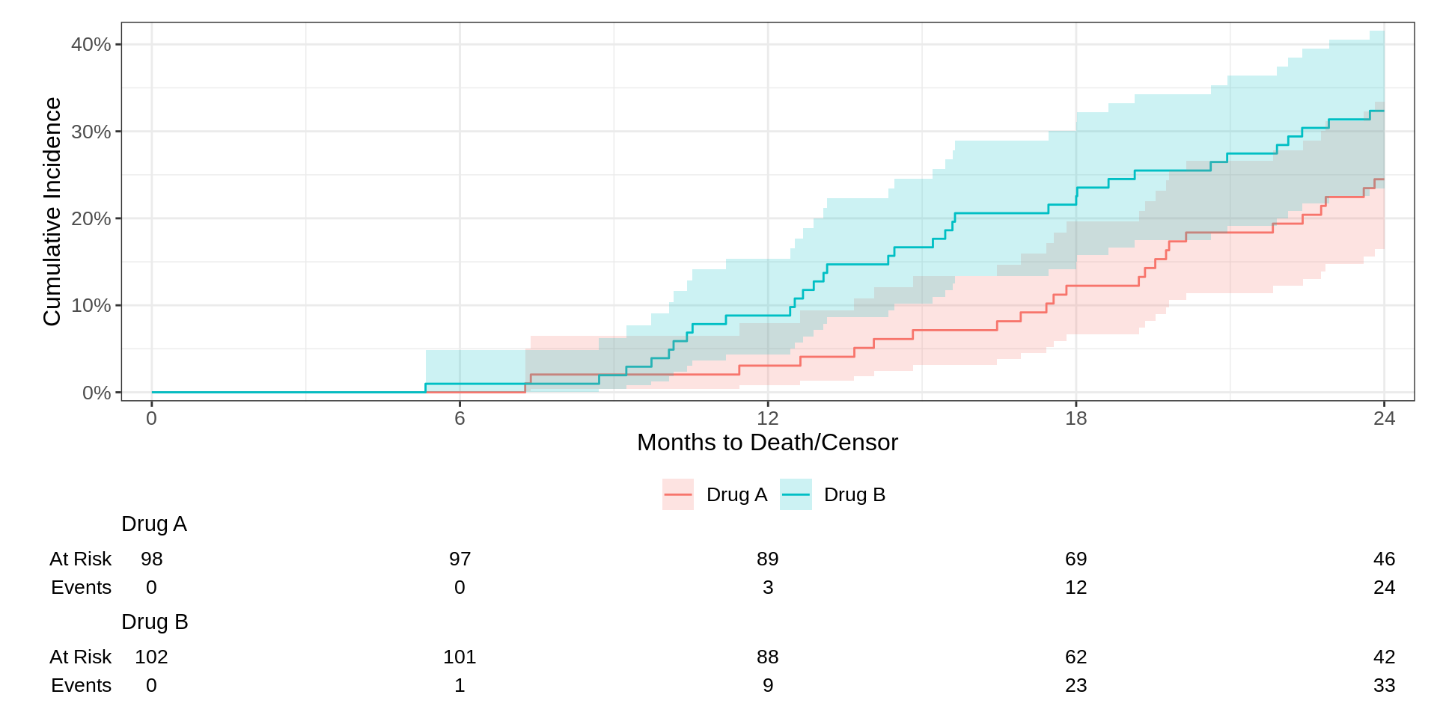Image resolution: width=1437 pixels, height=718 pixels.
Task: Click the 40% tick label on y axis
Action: pyautogui.click(x=91, y=44)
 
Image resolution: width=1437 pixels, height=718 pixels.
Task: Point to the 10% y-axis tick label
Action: pyautogui.click(x=91, y=305)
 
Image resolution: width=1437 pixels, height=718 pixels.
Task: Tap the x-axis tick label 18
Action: pyautogui.click(x=1076, y=418)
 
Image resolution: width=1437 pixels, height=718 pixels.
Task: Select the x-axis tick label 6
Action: pyautogui.click(x=460, y=418)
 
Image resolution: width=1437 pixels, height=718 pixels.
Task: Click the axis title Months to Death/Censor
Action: pyautogui.click(x=767, y=442)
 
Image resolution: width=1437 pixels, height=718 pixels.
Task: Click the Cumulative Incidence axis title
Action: pyautogui.click(x=52, y=212)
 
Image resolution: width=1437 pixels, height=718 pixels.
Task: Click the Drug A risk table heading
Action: pyautogui.click(x=154, y=524)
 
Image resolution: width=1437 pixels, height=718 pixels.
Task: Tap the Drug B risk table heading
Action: pyautogui.click(x=154, y=622)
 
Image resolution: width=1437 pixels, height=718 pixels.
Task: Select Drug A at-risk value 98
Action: pyautogui.click(x=151, y=559)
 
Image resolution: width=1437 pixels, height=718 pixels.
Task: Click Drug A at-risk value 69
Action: pyautogui.click(x=1076, y=559)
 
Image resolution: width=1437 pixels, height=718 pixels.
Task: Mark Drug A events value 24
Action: pyautogui.click(x=1384, y=587)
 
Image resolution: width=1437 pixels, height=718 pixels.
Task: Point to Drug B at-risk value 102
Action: pyautogui.click(x=151, y=657)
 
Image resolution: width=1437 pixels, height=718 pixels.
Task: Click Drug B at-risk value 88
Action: pyautogui.click(x=767, y=657)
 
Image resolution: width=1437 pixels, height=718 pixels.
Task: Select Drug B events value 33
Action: pyautogui.click(x=1384, y=685)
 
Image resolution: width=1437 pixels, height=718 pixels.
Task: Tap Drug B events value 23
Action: pyautogui.click(x=1076, y=685)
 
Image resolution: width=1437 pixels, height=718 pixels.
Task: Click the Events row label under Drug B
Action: pyautogui.click(x=81, y=685)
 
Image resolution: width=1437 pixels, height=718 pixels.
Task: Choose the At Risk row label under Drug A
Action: pyautogui.click(x=80, y=559)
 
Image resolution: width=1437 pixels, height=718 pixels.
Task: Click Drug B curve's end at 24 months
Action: pyautogui.click(x=1383, y=111)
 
